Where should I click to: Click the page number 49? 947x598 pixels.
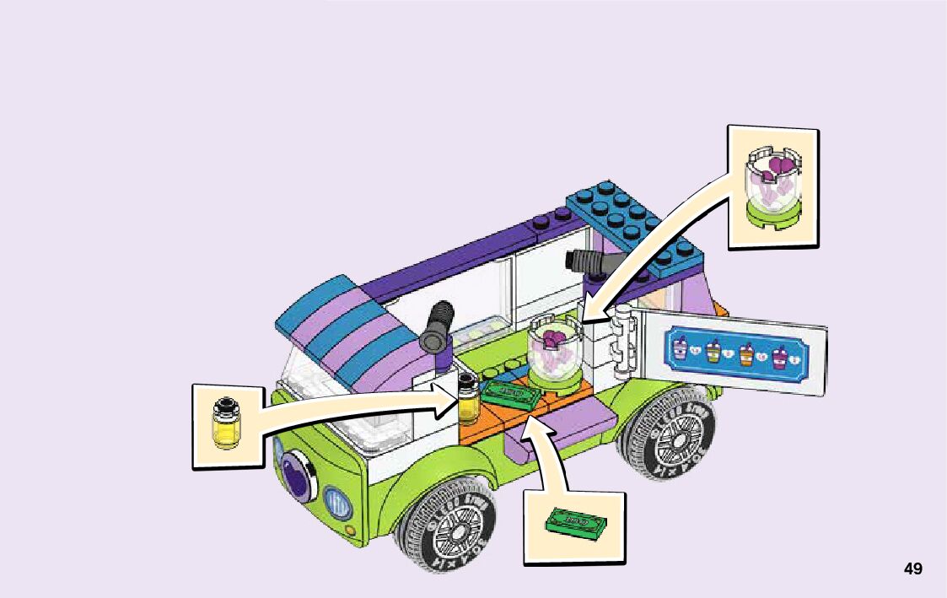click(x=912, y=569)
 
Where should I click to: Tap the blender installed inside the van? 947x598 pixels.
click(x=556, y=355)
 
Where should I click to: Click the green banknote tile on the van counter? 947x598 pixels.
click(x=508, y=394)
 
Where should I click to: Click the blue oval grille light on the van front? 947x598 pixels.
click(x=337, y=504)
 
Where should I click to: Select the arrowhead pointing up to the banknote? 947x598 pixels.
click(x=530, y=427)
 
